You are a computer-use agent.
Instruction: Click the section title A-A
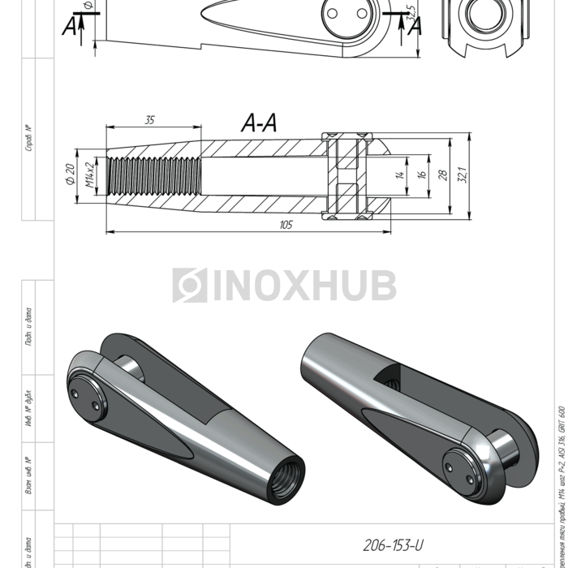(x=260, y=123)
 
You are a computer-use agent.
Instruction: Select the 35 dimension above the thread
(x=149, y=120)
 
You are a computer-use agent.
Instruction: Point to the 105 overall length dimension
(x=285, y=225)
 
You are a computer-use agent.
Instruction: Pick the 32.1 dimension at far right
(x=464, y=174)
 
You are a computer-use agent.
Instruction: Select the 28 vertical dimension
(x=443, y=174)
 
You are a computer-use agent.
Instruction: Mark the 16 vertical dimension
(x=421, y=174)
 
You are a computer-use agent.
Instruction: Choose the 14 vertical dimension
(x=400, y=174)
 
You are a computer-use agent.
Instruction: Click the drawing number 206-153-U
(x=393, y=545)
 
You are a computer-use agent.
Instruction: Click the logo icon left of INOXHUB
(x=189, y=286)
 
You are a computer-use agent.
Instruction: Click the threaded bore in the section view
(x=154, y=174)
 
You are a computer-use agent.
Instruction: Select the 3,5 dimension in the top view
(x=411, y=12)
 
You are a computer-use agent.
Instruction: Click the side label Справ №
(x=28, y=138)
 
